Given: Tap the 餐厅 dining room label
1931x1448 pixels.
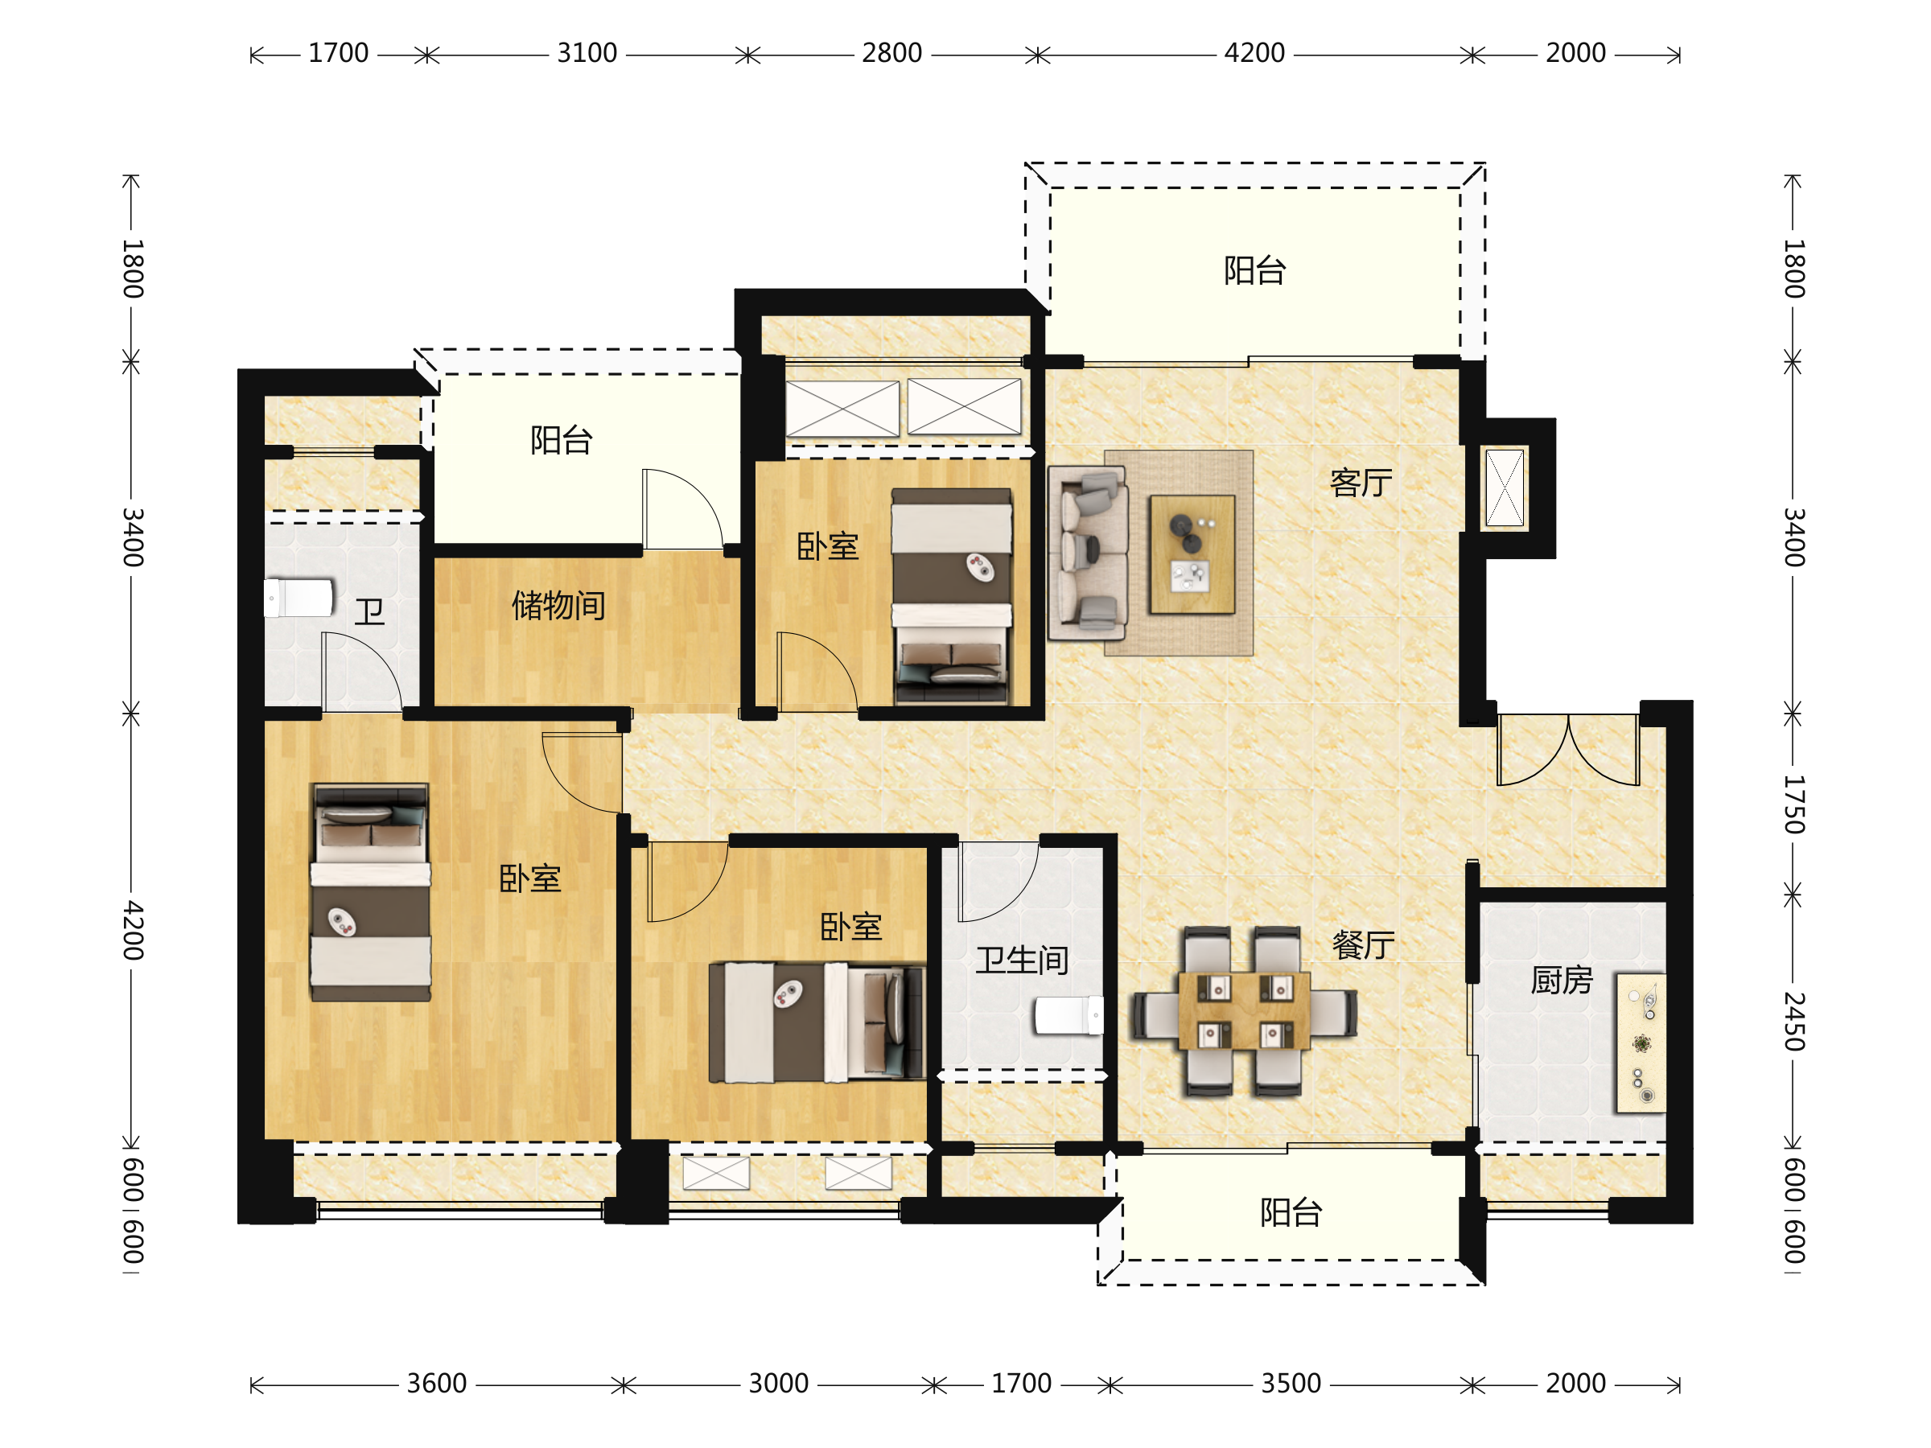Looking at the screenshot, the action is click(x=1363, y=944).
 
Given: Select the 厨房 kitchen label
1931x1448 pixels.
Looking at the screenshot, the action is click(x=1562, y=980).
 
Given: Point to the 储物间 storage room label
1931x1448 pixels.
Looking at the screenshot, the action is click(x=558, y=605).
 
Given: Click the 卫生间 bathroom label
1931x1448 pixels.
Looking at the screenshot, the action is click(x=1023, y=960).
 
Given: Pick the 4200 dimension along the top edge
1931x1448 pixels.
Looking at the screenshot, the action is click(x=1254, y=53).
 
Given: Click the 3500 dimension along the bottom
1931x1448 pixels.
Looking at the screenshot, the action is click(x=1291, y=1384).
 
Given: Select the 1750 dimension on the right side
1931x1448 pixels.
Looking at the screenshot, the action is click(x=1793, y=804).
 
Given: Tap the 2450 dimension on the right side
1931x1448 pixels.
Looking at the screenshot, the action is click(x=1793, y=1021).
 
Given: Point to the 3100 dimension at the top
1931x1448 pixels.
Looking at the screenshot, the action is click(x=587, y=53).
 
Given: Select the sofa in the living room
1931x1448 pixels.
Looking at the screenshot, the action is click(x=1088, y=553).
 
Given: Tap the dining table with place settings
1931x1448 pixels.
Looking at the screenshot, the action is click(x=1244, y=1010).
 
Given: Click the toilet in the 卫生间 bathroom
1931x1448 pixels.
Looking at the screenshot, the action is click(x=1068, y=1015).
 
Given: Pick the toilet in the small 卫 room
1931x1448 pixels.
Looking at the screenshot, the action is click(x=299, y=598).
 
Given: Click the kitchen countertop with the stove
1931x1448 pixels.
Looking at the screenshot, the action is click(x=1641, y=1043).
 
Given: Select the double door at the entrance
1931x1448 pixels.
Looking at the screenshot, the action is click(x=1568, y=750).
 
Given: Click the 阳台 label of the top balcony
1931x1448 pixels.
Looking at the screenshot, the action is click(x=1254, y=270).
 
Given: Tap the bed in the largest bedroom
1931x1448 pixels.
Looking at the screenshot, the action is click(x=371, y=892).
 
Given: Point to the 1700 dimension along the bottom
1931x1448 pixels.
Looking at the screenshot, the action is click(x=1021, y=1384).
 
